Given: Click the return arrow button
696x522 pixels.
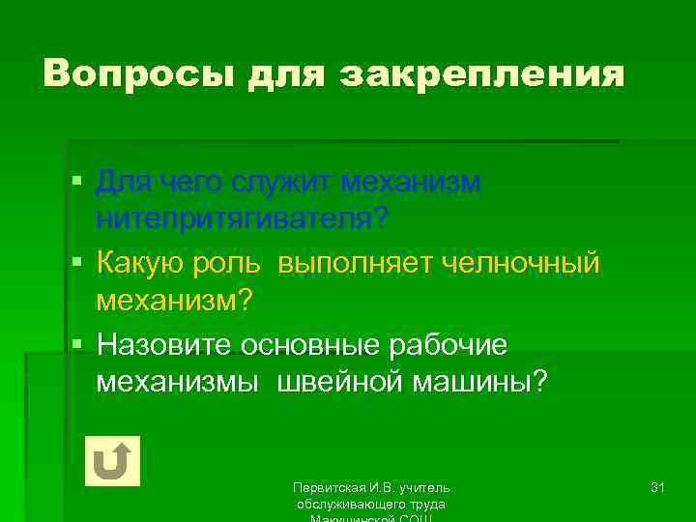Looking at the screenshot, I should (x=113, y=460).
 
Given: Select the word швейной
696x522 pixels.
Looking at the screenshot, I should (x=341, y=383).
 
